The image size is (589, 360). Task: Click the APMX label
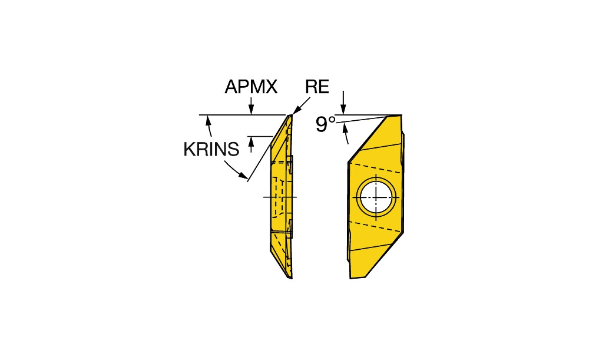pos(251,87)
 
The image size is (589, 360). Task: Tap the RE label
pos(317,87)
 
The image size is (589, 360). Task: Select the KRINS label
pos(211,149)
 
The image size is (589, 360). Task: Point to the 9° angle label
pos(325,124)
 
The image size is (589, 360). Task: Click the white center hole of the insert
pos(376,197)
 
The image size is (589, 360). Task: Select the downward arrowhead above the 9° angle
pos(343,108)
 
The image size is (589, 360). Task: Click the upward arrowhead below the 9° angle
pos(344,129)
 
